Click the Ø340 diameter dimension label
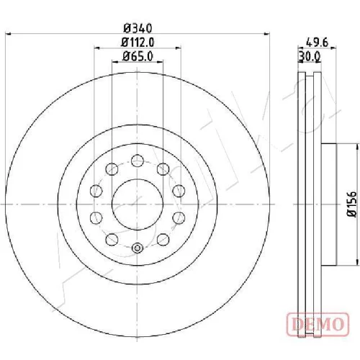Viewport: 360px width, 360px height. pos(138,28)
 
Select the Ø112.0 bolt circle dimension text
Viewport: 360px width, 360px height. pos(138,42)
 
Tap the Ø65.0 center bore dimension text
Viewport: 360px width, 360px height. pos(138,57)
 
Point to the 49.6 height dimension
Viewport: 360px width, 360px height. pos(317,42)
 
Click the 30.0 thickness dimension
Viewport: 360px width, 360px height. pos(310,57)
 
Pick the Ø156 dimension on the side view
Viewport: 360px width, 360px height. pos(352,204)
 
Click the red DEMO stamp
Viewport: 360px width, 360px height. pos(318,324)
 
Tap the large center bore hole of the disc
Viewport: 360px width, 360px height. pos(138,204)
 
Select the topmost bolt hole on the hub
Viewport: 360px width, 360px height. pos(138,161)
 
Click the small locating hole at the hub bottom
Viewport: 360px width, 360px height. pos(137,248)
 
